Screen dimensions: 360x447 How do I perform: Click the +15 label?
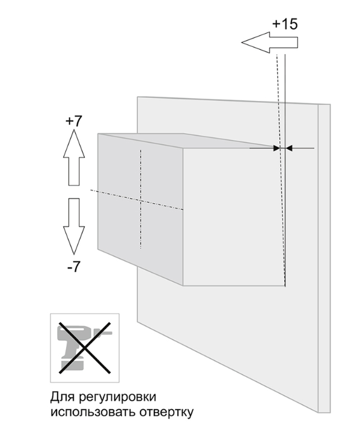coord(285,24)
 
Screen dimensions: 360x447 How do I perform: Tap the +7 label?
coord(73,121)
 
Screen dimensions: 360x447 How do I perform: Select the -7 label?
coord(74,267)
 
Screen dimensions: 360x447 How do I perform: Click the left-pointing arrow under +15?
coord(270,43)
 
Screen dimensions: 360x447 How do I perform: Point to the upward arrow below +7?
coord(74,157)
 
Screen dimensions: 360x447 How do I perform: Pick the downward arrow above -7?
coord(74,227)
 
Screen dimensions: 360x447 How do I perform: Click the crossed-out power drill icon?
coord(85,348)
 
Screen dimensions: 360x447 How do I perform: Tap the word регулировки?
coord(117,397)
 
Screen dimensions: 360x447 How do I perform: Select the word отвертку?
coord(166,412)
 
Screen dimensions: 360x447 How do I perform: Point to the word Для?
coord(63,397)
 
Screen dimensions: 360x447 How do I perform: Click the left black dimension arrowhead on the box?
coord(276,148)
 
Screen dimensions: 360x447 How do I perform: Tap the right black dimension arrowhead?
coord(289,148)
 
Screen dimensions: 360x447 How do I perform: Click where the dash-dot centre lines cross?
coord(141,201)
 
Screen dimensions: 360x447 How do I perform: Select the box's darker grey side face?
coord(141,210)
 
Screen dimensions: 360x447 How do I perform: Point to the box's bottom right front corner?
coord(285,285)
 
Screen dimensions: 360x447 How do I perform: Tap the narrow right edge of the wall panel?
coord(325,258)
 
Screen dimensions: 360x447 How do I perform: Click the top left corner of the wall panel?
coord(138,97)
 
